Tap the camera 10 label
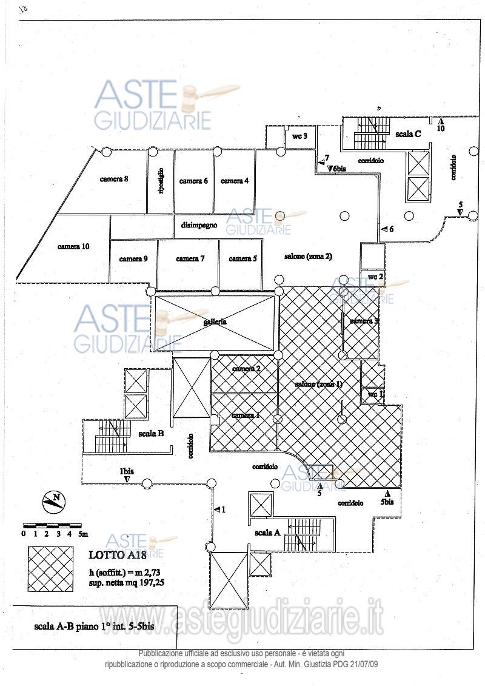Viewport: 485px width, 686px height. (x=73, y=246)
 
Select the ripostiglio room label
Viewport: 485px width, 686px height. (x=161, y=181)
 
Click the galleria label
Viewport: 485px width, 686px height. (x=215, y=321)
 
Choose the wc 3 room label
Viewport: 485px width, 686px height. (x=300, y=136)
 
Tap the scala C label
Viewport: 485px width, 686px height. (x=408, y=134)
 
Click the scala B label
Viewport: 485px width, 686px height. (x=151, y=433)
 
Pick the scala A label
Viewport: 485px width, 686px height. (x=267, y=532)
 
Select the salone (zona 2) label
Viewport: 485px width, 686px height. (x=308, y=257)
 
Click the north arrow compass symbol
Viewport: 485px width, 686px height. (x=54, y=501)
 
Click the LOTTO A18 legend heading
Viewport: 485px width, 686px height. (x=114, y=554)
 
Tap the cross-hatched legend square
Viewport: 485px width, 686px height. (x=50, y=568)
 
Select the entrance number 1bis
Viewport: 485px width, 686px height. (x=127, y=471)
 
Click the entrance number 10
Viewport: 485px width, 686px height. (x=441, y=129)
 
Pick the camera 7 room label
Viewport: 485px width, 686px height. (x=190, y=258)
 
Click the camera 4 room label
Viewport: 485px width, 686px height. (x=235, y=181)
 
